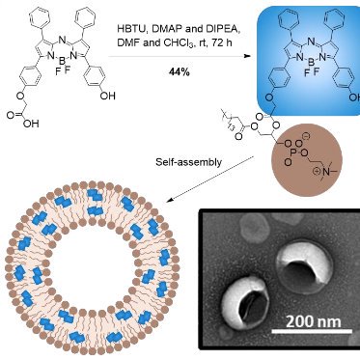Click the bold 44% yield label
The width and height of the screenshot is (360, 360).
click(x=169, y=75)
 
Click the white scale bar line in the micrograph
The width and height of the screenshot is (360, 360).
click(x=307, y=334)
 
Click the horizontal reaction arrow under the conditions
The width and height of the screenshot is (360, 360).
click(x=169, y=55)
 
